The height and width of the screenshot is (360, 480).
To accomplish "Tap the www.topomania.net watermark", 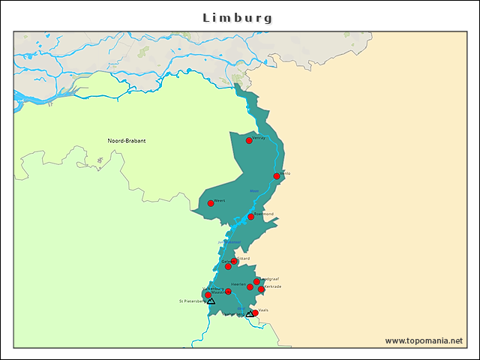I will tap(424, 340).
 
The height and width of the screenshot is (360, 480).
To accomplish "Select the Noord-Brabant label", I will tap(127, 141).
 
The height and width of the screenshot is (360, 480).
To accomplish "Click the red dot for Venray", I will tap(249, 140).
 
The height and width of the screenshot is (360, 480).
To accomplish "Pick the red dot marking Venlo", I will tap(277, 176).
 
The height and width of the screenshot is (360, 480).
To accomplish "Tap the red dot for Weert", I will tap(211, 203).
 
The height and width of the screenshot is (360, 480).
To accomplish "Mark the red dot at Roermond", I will tap(251, 217).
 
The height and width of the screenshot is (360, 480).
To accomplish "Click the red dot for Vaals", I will tap(255, 313).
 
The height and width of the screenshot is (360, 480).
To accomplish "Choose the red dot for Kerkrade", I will tap(261, 289).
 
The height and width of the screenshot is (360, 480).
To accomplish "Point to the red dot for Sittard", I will tap(234, 261).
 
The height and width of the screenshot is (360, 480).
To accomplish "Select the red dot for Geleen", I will tap(228, 266).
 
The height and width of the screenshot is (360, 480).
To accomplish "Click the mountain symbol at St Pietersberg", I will tap(211, 301).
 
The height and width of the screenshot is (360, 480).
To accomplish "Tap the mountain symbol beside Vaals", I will tap(250, 313).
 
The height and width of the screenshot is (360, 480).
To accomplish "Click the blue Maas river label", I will tap(253, 190).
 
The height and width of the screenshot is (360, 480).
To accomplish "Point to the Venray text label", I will tap(259, 138).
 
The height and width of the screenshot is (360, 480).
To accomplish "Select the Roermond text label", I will tap(264, 214).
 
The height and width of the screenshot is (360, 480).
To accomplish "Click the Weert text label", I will tap(220, 200).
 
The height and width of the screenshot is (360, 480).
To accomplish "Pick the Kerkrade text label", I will tap(273, 286).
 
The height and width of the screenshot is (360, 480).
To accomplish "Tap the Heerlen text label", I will tap(238, 284).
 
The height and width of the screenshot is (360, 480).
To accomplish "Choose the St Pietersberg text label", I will tap(192, 301).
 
